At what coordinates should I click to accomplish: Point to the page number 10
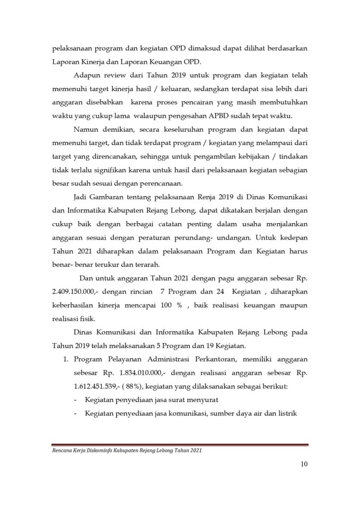pyautogui.click(x=304, y=465)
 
